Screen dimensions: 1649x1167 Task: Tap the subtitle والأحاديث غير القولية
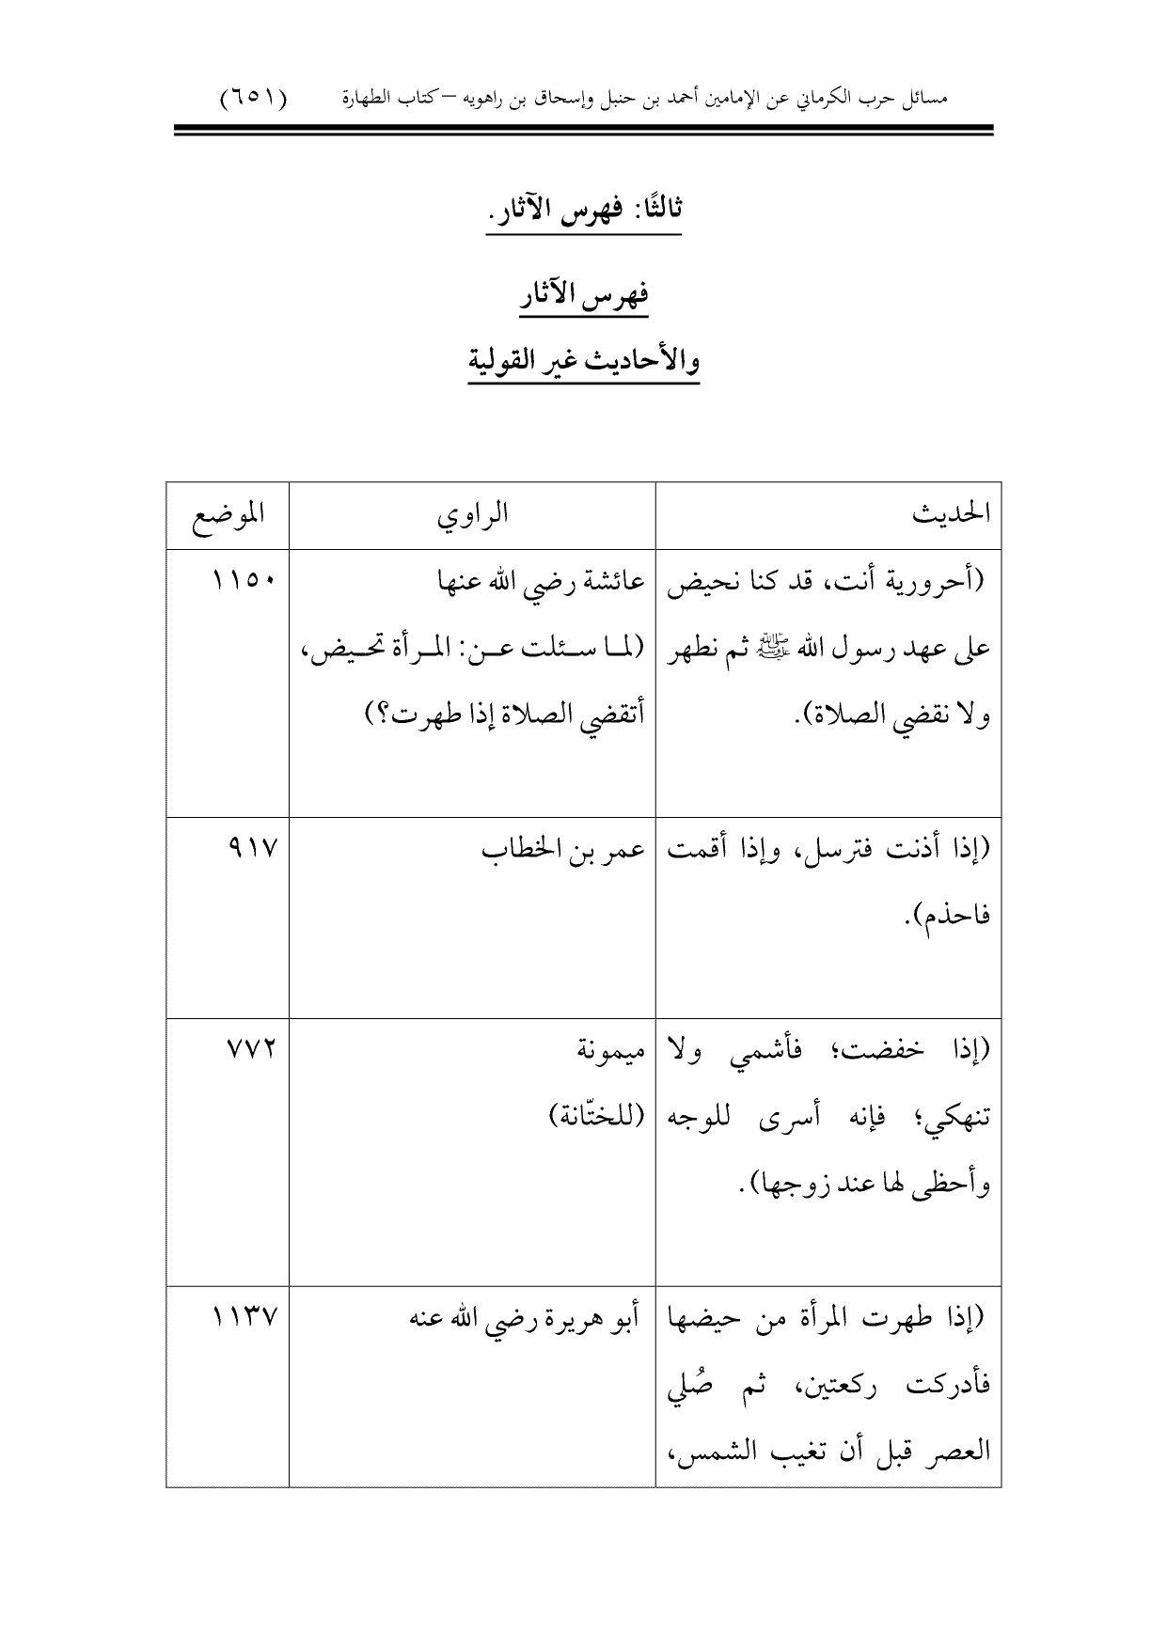583,360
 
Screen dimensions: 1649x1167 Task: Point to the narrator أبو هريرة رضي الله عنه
525,1319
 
